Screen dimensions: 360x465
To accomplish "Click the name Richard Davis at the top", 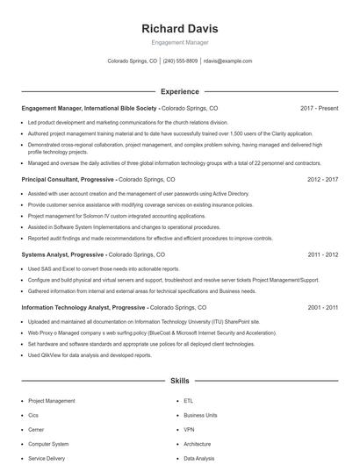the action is [x=180, y=29].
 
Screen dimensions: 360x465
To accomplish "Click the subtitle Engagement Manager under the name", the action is [x=180, y=43].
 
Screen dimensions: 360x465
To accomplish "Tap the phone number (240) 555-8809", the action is [x=180, y=61].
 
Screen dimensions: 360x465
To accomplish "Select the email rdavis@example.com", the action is [x=227, y=61].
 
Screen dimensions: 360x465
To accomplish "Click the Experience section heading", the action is [x=180, y=91].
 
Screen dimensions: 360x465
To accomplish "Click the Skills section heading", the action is [x=180, y=382].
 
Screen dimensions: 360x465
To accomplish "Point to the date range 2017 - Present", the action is [x=319, y=108].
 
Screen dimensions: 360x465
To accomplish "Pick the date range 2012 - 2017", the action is [x=322, y=179].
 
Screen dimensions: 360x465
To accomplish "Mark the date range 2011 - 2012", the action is [x=322, y=254].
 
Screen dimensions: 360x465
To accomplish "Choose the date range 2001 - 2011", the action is [x=322, y=308].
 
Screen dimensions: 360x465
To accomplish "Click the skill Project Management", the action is [x=52, y=401].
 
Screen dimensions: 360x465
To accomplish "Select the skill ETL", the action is [x=189, y=401].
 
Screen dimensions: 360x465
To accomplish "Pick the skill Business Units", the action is [x=200, y=415].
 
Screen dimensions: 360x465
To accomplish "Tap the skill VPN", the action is [x=189, y=430].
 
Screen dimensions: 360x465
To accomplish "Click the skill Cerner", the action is [x=38, y=430].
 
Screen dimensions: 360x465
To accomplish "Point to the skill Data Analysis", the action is [x=198, y=458].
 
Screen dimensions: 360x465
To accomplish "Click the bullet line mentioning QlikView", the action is [x=90, y=355].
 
